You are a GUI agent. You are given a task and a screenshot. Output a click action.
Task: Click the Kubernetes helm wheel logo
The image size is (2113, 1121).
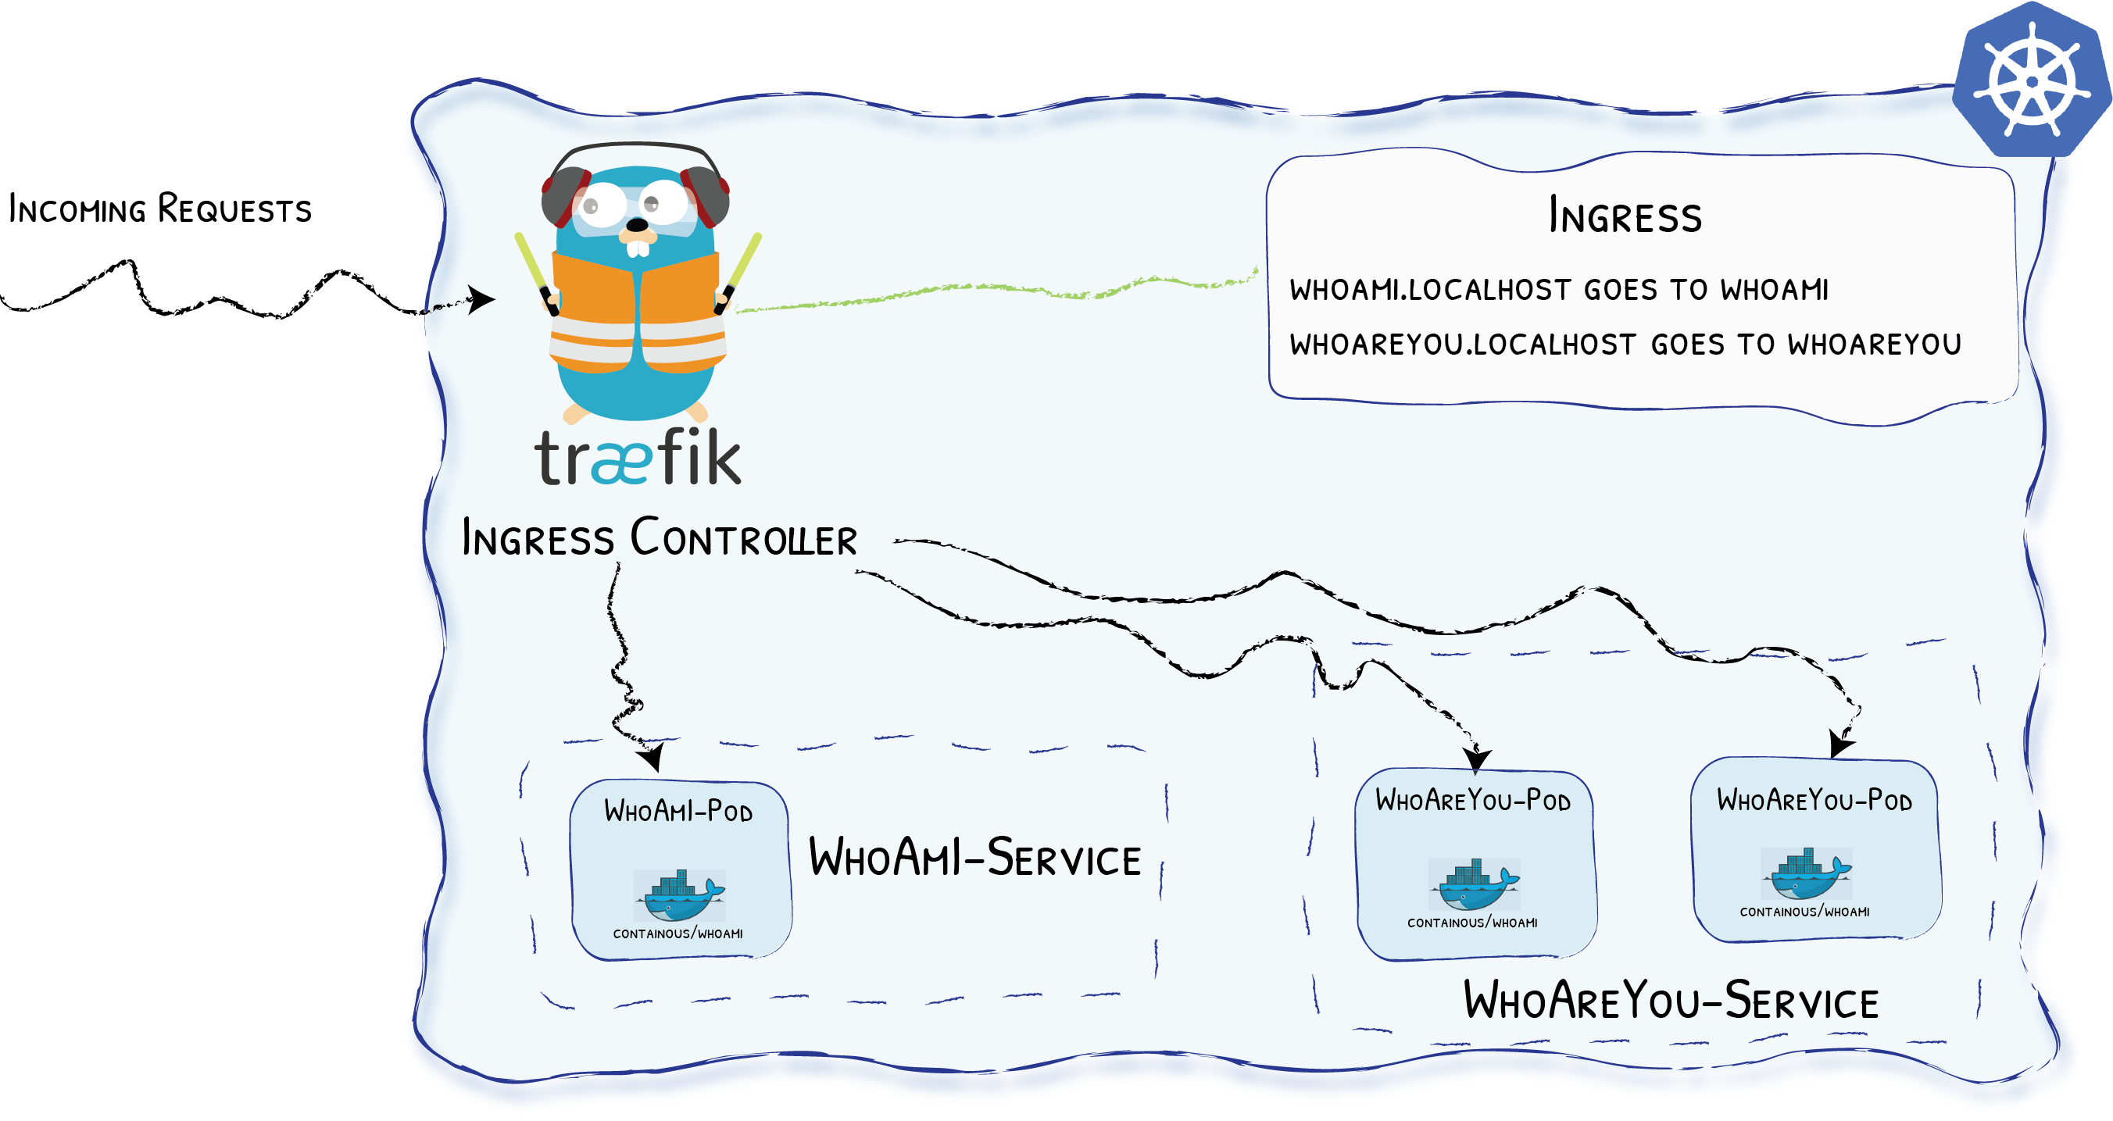[2032, 80]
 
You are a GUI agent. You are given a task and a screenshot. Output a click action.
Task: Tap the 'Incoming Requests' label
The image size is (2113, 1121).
[160, 209]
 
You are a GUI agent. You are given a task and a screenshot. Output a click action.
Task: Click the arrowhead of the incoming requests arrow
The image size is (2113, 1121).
[482, 299]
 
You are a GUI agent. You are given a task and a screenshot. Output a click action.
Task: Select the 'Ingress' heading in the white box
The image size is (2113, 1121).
[1625, 216]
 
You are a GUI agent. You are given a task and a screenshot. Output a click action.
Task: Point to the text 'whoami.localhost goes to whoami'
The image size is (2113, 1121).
[1558, 290]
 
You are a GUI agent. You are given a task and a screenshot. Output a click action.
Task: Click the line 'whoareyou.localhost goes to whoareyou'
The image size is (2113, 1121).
[1625, 345]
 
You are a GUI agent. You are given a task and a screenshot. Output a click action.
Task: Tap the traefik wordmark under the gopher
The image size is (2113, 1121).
[638, 458]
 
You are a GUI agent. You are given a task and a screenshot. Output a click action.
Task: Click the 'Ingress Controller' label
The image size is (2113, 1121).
[660, 539]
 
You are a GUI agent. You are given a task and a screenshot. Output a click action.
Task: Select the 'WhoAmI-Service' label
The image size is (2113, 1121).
[974, 858]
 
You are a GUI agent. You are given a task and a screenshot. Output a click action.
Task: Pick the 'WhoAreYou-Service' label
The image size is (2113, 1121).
[1671, 1001]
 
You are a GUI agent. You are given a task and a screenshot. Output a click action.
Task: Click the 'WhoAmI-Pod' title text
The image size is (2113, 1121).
[678, 811]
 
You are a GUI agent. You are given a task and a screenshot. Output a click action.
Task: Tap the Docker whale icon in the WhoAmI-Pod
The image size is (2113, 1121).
[679, 895]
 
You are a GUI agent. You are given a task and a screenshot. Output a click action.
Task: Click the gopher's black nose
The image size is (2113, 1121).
[637, 225]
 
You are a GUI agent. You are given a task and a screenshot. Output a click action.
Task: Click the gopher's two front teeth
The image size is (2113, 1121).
[638, 247]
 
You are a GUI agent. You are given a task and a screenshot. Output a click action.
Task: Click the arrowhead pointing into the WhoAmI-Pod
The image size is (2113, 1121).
[653, 758]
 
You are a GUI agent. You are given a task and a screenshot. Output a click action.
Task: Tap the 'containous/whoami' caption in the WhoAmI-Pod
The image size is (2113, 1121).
[678, 934]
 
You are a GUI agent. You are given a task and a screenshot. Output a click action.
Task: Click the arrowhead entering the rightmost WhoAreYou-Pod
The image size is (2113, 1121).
[1839, 744]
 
